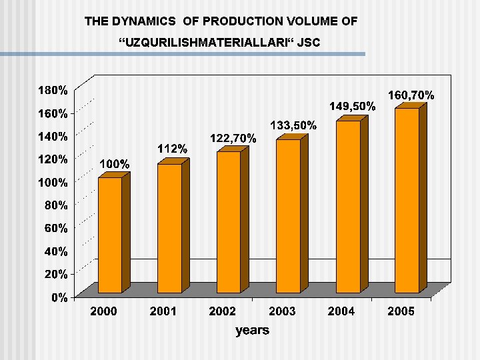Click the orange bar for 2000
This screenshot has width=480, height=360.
111,235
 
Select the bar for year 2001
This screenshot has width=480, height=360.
169,228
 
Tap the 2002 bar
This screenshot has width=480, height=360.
229,222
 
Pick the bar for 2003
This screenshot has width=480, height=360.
288,216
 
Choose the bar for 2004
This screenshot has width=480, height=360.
348,207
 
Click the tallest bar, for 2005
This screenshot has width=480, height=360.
407,200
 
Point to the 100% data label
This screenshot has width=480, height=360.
115,163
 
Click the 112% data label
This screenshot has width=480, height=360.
172,148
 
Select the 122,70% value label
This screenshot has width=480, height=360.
233,138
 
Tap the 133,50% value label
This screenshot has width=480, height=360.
293,125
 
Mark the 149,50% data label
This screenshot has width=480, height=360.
353,106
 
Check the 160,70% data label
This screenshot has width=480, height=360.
411,95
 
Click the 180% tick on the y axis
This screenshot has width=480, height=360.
51,89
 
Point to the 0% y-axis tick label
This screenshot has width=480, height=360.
60,298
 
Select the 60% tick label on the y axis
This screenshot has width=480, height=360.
56,228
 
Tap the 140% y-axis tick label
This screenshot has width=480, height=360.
51,136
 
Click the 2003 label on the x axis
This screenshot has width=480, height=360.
282,311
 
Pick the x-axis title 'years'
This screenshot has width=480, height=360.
252,330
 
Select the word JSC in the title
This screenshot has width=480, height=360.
309,43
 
